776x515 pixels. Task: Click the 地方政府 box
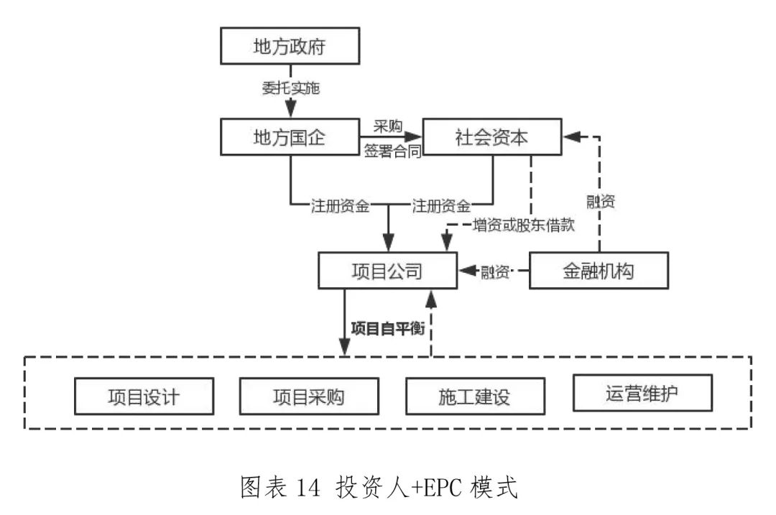tap(290, 47)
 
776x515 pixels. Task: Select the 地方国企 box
tap(290, 136)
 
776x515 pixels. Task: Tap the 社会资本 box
tap(492, 136)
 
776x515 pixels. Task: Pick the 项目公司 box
tap(387, 271)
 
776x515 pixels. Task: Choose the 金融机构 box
tap(599, 271)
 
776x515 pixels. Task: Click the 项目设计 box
tap(144, 396)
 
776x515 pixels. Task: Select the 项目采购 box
tap(308, 396)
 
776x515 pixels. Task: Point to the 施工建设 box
tap(474, 396)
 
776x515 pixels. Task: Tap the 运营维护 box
tap(642, 393)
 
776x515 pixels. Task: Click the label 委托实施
tap(290, 90)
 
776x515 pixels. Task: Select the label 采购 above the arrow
tap(387, 125)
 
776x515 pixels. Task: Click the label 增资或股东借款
tap(525, 225)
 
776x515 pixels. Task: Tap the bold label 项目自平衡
tap(387, 328)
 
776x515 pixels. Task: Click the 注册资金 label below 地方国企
tap(340, 206)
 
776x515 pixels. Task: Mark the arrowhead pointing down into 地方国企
tap(290, 111)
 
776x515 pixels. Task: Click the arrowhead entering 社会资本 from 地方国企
tap(415, 136)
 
